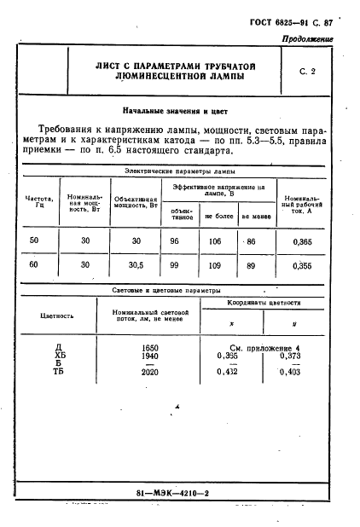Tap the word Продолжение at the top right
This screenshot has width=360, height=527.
(x=308, y=41)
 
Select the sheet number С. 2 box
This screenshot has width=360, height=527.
(x=307, y=72)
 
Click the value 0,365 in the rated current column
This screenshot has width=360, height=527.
(x=303, y=242)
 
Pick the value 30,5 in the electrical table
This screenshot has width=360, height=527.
(x=136, y=265)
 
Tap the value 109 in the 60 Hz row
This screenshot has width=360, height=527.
(x=218, y=265)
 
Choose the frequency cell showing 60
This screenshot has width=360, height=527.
(x=34, y=265)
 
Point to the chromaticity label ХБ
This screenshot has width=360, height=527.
(x=59, y=356)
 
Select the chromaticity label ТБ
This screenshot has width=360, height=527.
(x=59, y=372)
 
